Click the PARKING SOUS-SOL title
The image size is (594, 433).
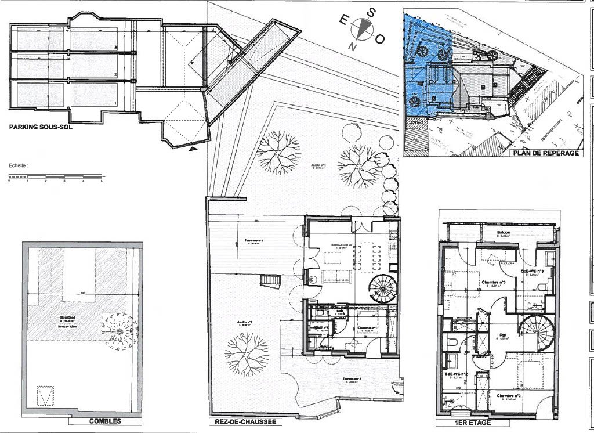click(x=41, y=127)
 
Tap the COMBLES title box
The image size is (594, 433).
click(x=104, y=421)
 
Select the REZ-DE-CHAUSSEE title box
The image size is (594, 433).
click(x=242, y=422)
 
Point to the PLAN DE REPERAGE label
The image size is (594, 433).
click(x=545, y=153)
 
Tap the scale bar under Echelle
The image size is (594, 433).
click(x=55, y=176)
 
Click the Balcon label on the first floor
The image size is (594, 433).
click(x=503, y=233)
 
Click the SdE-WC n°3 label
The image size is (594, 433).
click(x=531, y=271)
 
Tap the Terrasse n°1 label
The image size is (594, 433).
click(x=253, y=241)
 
